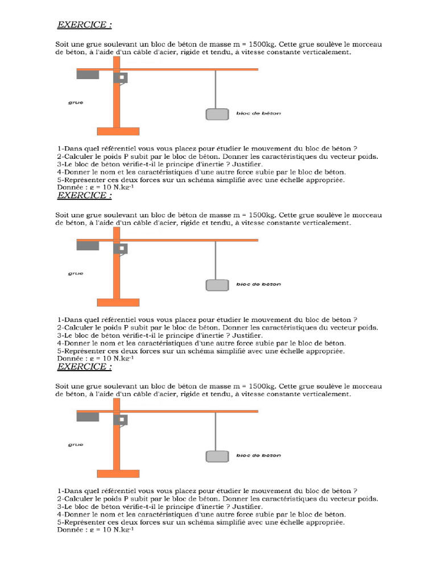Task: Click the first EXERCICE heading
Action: point(84,24)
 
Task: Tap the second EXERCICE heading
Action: point(84,195)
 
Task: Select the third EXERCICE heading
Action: point(84,366)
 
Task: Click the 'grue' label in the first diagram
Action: point(75,102)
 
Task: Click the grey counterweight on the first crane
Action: point(87,74)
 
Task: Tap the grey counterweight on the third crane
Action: point(87,417)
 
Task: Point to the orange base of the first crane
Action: point(118,131)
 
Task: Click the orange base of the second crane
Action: point(118,302)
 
